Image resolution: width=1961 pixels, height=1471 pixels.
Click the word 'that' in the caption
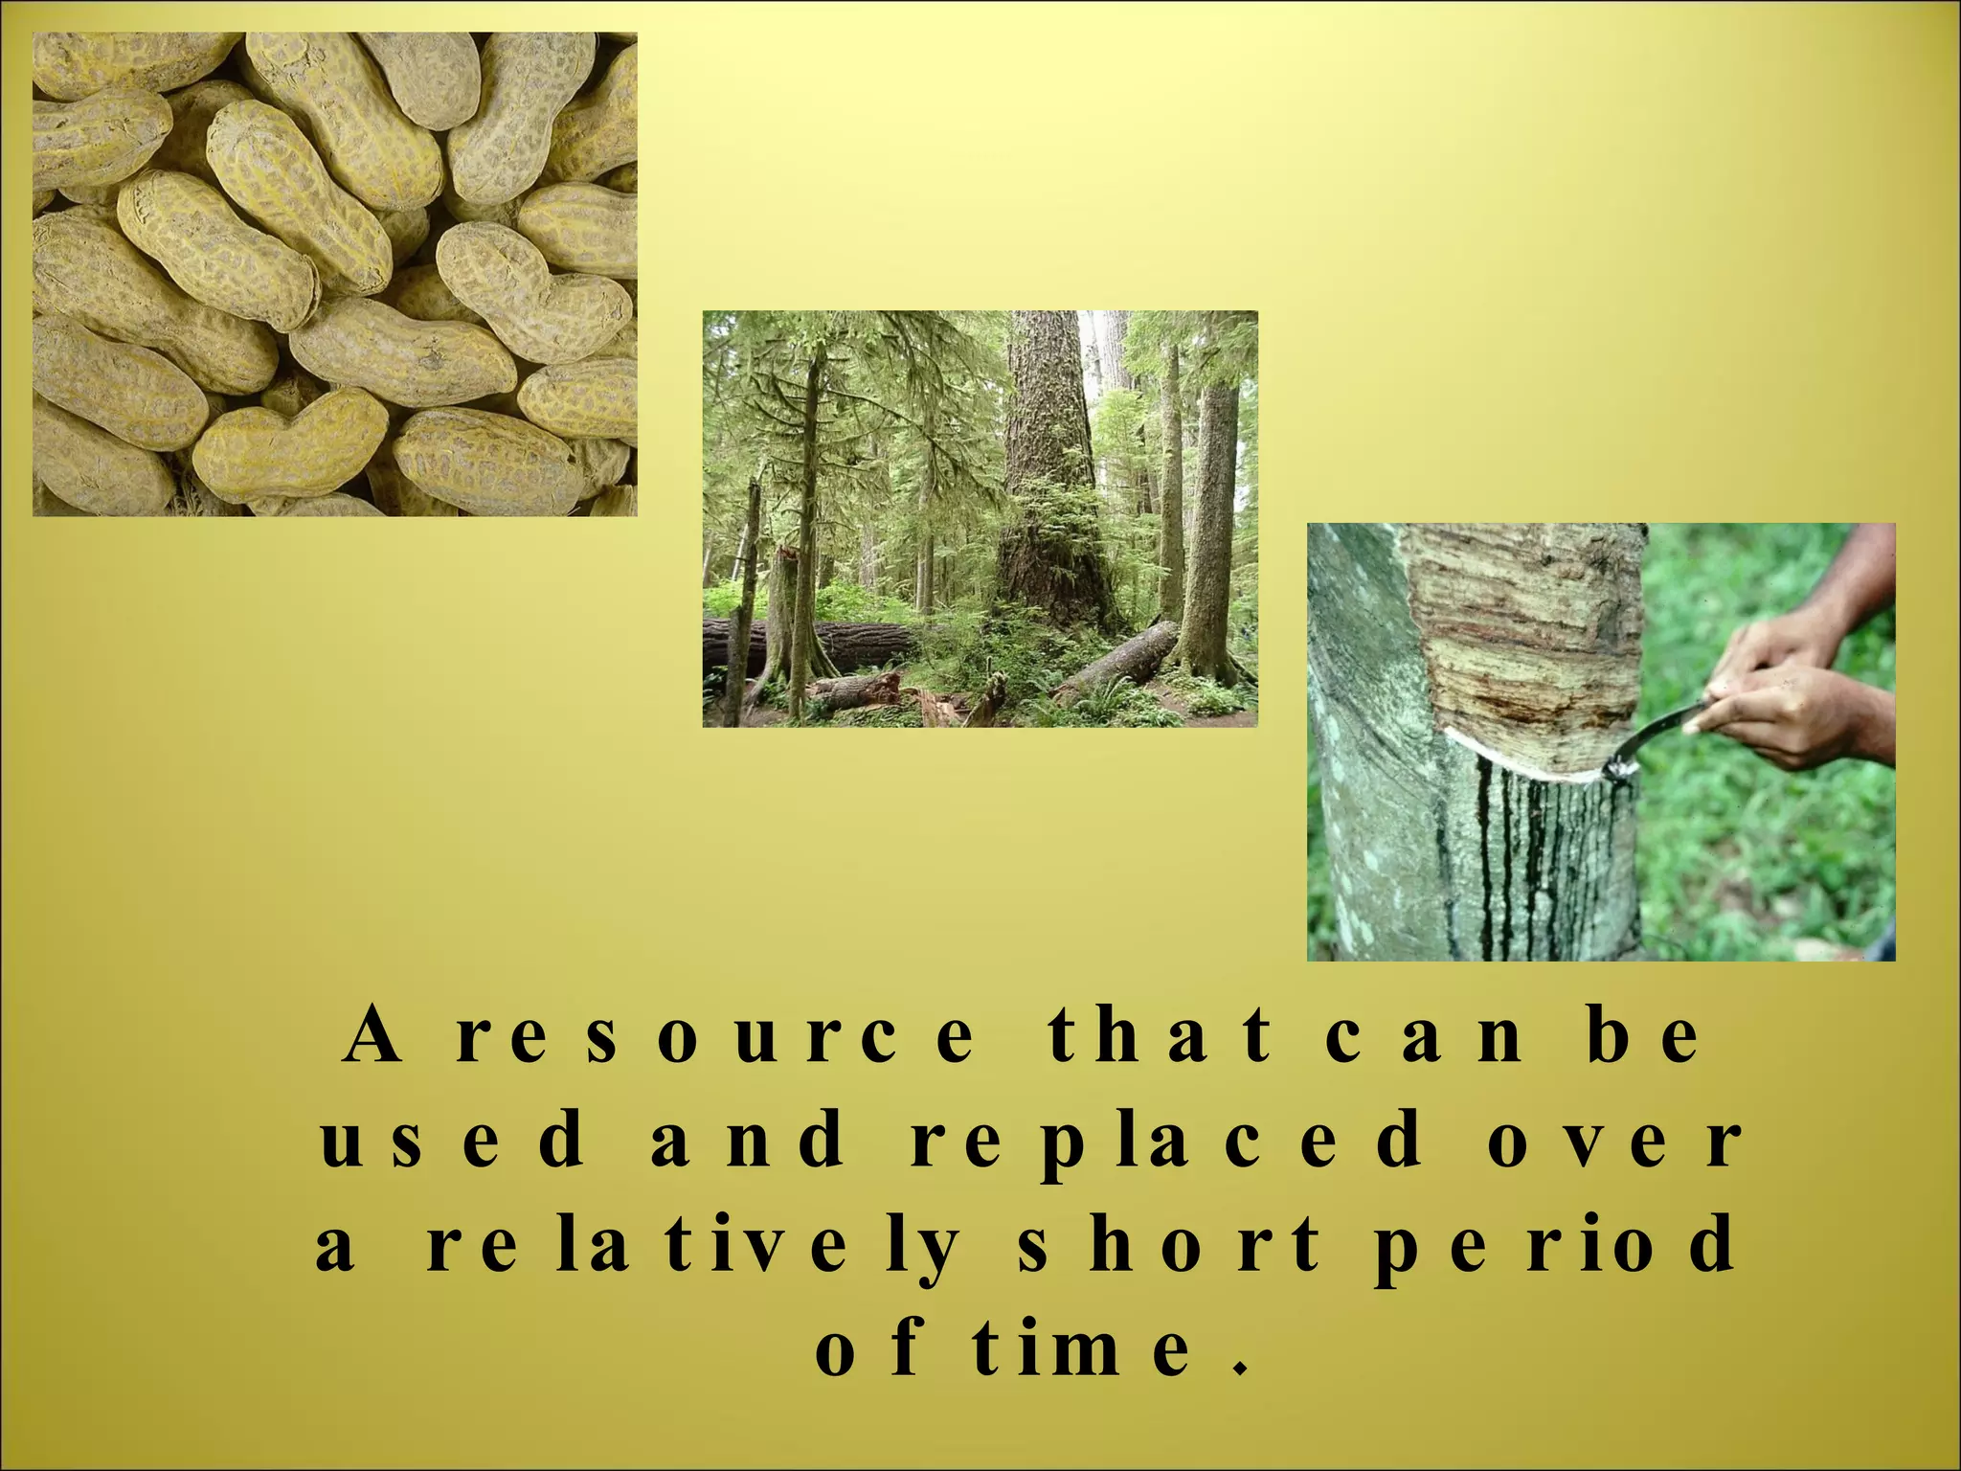pyautogui.click(x=1159, y=1038)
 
